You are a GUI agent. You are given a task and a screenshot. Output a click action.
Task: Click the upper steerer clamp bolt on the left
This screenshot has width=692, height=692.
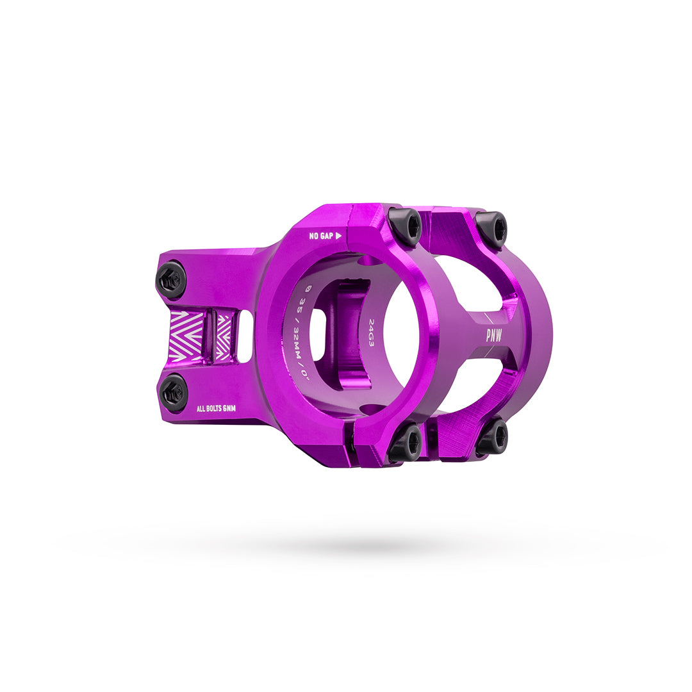click(171, 279)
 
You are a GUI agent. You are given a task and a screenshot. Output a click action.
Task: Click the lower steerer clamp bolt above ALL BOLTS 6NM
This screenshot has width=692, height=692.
click(173, 393)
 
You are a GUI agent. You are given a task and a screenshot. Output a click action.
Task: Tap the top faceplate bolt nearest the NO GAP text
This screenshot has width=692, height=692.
click(405, 226)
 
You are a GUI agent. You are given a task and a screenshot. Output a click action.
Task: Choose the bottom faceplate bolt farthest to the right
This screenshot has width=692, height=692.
click(491, 438)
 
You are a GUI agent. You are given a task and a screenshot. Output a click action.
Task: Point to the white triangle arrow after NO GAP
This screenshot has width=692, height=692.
click(338, 236)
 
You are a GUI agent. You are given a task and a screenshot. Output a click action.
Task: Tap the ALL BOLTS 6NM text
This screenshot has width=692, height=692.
click(216, 408)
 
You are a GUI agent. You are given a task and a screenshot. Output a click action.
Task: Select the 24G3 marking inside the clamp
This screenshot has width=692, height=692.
click(372, 333)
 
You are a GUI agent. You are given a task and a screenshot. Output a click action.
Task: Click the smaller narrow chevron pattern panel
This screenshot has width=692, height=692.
click(223, 336)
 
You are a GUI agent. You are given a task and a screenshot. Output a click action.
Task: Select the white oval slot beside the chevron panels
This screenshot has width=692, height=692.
click(245, 336)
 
